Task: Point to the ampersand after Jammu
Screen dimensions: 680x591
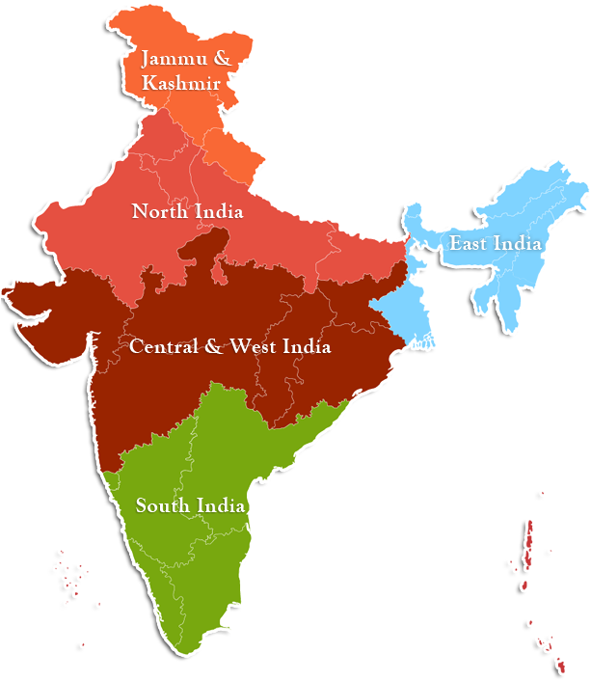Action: click(x=221, y=59)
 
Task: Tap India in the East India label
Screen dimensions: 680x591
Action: click(x=518, y=244)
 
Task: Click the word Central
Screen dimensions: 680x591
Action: click(x=164, y=346)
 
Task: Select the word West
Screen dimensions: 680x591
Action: click(x=254, y=346)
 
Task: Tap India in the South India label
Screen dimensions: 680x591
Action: click(x=222, y=505)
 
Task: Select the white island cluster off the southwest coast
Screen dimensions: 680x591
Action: click(x=70, y=574)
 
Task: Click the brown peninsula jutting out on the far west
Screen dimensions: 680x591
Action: click(x=29, y=302)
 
